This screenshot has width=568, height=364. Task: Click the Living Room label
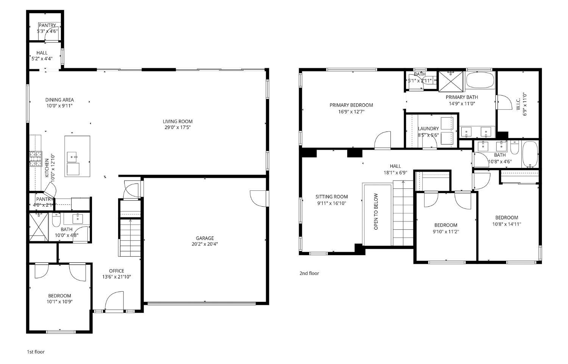178,121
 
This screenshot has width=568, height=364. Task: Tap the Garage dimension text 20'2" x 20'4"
204,244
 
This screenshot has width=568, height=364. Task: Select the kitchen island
77,156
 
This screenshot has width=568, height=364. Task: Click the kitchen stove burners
35,159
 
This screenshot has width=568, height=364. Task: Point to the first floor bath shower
39,227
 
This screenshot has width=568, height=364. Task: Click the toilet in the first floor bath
56,220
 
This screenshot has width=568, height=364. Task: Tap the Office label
116,271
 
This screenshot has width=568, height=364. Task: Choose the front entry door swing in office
114,301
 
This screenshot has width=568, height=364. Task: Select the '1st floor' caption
36,352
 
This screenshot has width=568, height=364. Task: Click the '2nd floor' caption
309,273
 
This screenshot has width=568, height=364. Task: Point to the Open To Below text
376,212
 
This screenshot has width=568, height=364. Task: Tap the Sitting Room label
331,196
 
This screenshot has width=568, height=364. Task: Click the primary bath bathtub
480,80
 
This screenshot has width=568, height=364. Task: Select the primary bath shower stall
451,81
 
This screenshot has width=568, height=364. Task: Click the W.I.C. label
518,102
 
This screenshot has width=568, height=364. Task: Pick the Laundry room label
428,129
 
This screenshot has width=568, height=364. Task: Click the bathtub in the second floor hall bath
530,154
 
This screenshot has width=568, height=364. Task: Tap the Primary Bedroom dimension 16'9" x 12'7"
351,112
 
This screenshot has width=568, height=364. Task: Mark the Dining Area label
59,100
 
